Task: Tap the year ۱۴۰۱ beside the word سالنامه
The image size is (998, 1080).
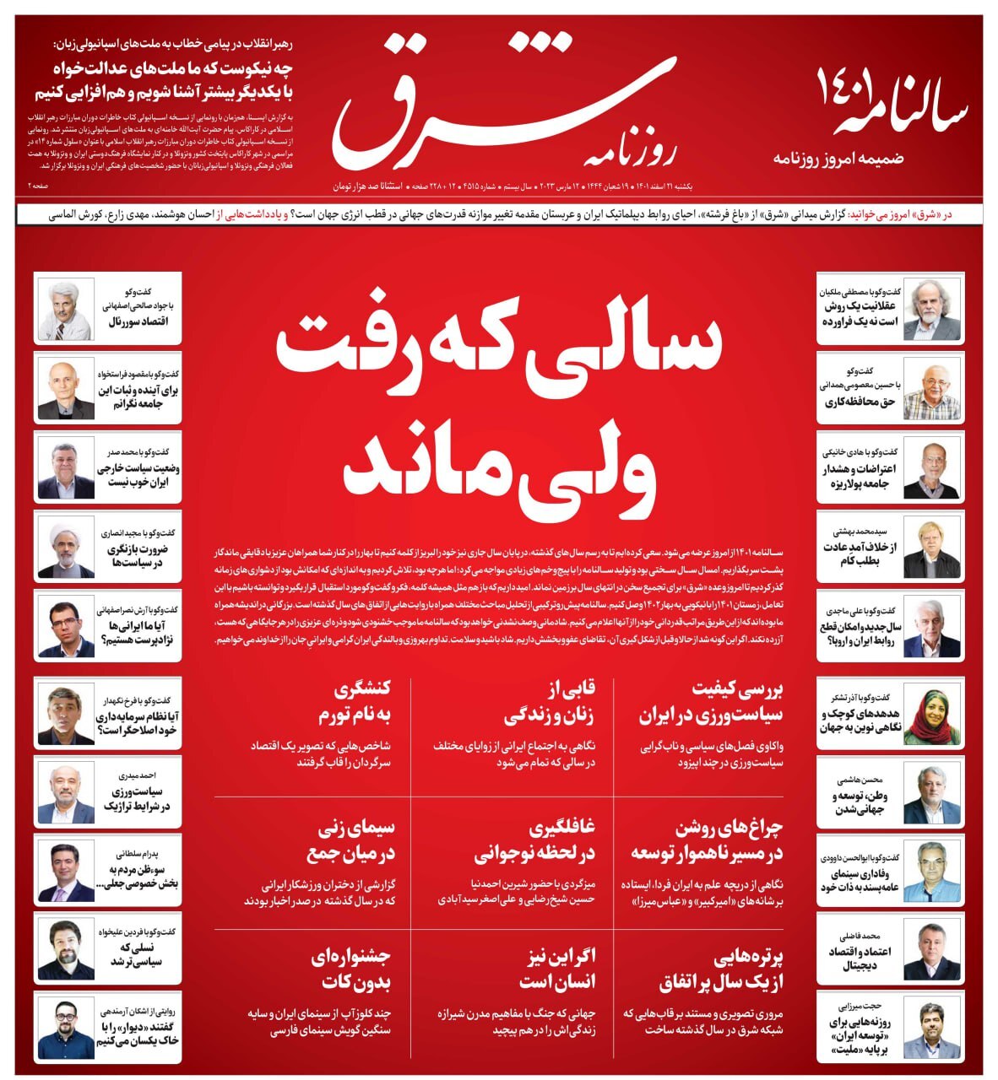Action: (x=845, y=89)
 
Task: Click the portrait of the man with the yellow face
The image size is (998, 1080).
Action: (x=931, y=548)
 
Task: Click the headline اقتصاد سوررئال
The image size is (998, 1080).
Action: (x=138, y=321)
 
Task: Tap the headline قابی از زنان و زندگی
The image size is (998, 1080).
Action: (x=549, y=703)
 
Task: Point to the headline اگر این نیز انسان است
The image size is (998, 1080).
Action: (x=556, y=968)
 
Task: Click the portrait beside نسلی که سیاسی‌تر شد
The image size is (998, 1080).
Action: (x=66, y=949)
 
